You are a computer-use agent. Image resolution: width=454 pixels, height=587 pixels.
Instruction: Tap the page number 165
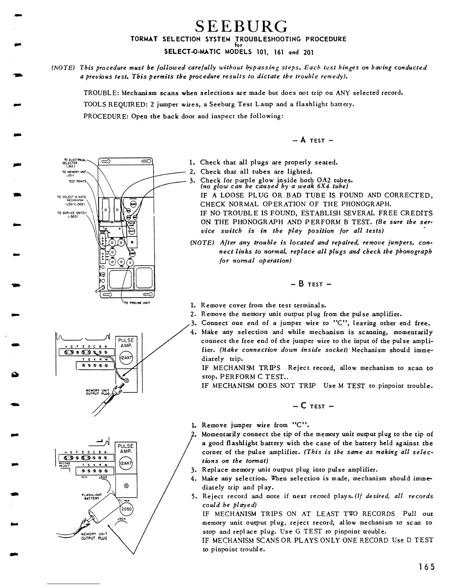tap(427, 567)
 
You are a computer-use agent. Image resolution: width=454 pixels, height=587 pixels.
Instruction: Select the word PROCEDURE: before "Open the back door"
tap(105, 116)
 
